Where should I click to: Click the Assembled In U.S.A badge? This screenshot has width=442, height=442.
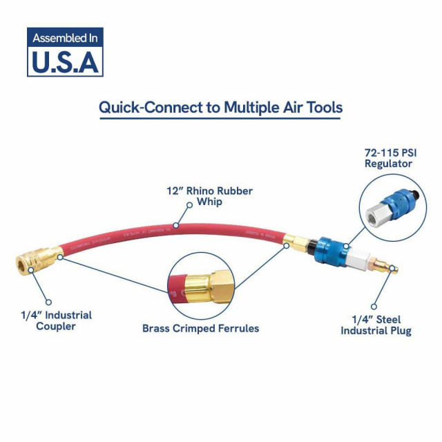tap(65, 52)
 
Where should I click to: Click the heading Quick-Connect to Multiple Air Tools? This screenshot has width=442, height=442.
tap(220, 108)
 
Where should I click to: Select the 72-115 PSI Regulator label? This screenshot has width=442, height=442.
tap(388, 157)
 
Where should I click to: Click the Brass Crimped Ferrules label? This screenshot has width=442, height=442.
tap(200, 328)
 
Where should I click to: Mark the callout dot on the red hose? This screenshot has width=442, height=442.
tap(176, 226)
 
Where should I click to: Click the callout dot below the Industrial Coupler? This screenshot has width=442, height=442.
tap(48, 301)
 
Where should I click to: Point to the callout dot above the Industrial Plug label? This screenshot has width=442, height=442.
tap(373, 306)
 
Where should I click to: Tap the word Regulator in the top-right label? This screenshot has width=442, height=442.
tap(388, 164)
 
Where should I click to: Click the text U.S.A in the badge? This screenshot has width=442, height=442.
tap(65, 61)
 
